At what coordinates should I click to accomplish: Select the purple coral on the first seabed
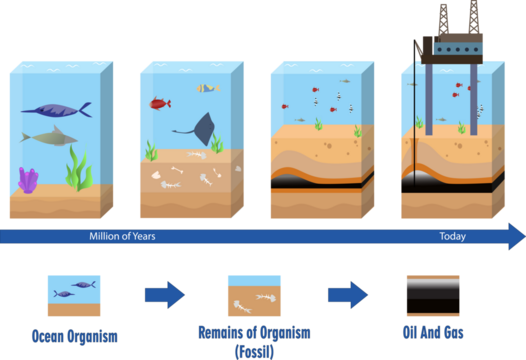point(28,180)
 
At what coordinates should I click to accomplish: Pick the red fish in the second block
point(160,103)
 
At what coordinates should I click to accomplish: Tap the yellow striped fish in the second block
point(208,88)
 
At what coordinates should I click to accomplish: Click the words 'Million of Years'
point(119,236)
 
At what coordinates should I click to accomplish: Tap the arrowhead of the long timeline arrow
point(514,236)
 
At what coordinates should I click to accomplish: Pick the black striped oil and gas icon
point(432,295)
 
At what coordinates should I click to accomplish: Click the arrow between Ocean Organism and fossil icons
point(164,295)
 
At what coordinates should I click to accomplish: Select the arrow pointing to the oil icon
point(347,295)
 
